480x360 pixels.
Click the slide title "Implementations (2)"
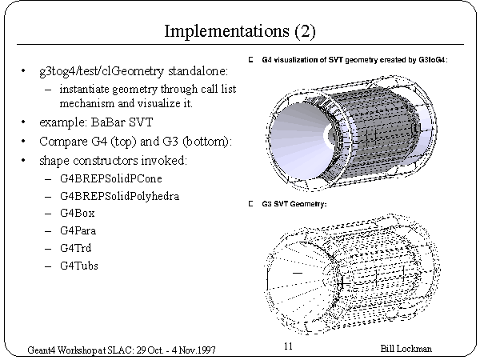pyautogui.click(x=240, y=31)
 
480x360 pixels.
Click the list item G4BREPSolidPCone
pyautogui.click(x=111, y=178)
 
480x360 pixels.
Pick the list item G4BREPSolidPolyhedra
pyautogui.click(x=119, y=196)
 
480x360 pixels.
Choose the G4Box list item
pyautogui.click(x=77, y=213)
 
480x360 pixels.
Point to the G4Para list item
pyautogui.click(x=78, y=230)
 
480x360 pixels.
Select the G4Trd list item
pyautogui.click(x=76, y=248)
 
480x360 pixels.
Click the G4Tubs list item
pyautogui.click(x=79, y=266)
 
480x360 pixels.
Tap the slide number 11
pyautogui.click(x=288, y=346)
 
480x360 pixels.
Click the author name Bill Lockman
pyautogui.click(x=406, y=349)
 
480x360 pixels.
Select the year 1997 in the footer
pyautogui.click(x=206, y=350)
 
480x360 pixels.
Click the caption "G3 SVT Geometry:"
pyautogui.click(x=294, y=204)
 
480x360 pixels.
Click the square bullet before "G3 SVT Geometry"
pyautogui.click(x=250, y=204)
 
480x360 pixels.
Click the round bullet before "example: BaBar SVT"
pyautogui.click(x=23, y=122)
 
